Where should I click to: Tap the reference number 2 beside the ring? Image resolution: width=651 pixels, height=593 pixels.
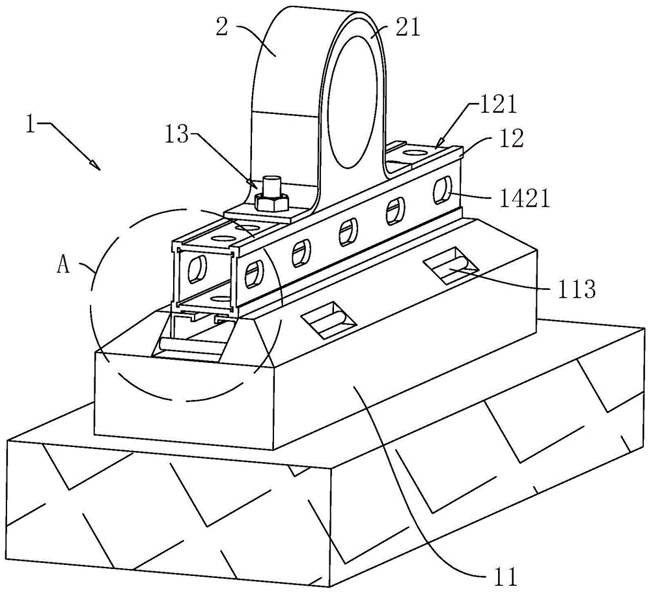[x=222, y=27]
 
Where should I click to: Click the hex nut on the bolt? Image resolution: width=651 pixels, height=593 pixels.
[x=272, y=201]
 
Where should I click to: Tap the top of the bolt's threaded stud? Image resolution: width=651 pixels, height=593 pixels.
[x=272, y=181]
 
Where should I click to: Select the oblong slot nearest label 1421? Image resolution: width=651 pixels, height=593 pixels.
[x=442, y=189]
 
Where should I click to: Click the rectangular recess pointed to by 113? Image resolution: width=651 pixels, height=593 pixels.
[x=450, y=266]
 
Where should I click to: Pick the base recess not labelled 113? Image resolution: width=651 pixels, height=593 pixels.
[x=328, y=319]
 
